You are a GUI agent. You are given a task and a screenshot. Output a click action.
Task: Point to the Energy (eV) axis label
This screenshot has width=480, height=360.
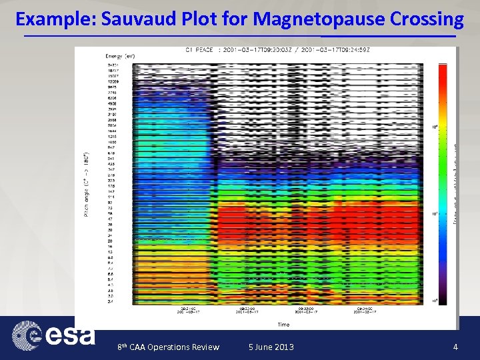coord(120,56)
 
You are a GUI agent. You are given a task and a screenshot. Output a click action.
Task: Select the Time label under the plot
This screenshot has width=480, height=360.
coord(284,325)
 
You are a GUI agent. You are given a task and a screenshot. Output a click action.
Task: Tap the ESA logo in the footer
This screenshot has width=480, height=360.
coord(53,334)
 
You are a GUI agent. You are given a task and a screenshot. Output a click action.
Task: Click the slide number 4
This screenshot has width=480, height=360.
coord(455,347)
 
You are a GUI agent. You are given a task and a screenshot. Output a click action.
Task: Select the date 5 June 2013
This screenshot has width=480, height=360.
coord(271,347)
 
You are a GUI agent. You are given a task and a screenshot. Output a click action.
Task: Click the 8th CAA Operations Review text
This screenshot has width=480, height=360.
coord(168,347)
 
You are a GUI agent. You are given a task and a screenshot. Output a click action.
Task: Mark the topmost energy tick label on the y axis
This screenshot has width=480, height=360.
coord(112,65)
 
